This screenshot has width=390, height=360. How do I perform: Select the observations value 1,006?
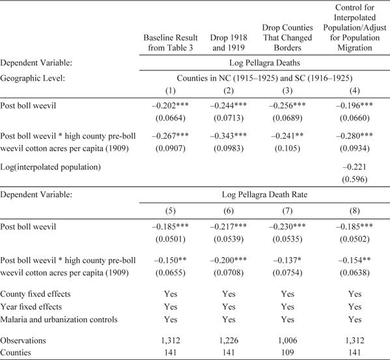[x=285, y=339]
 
